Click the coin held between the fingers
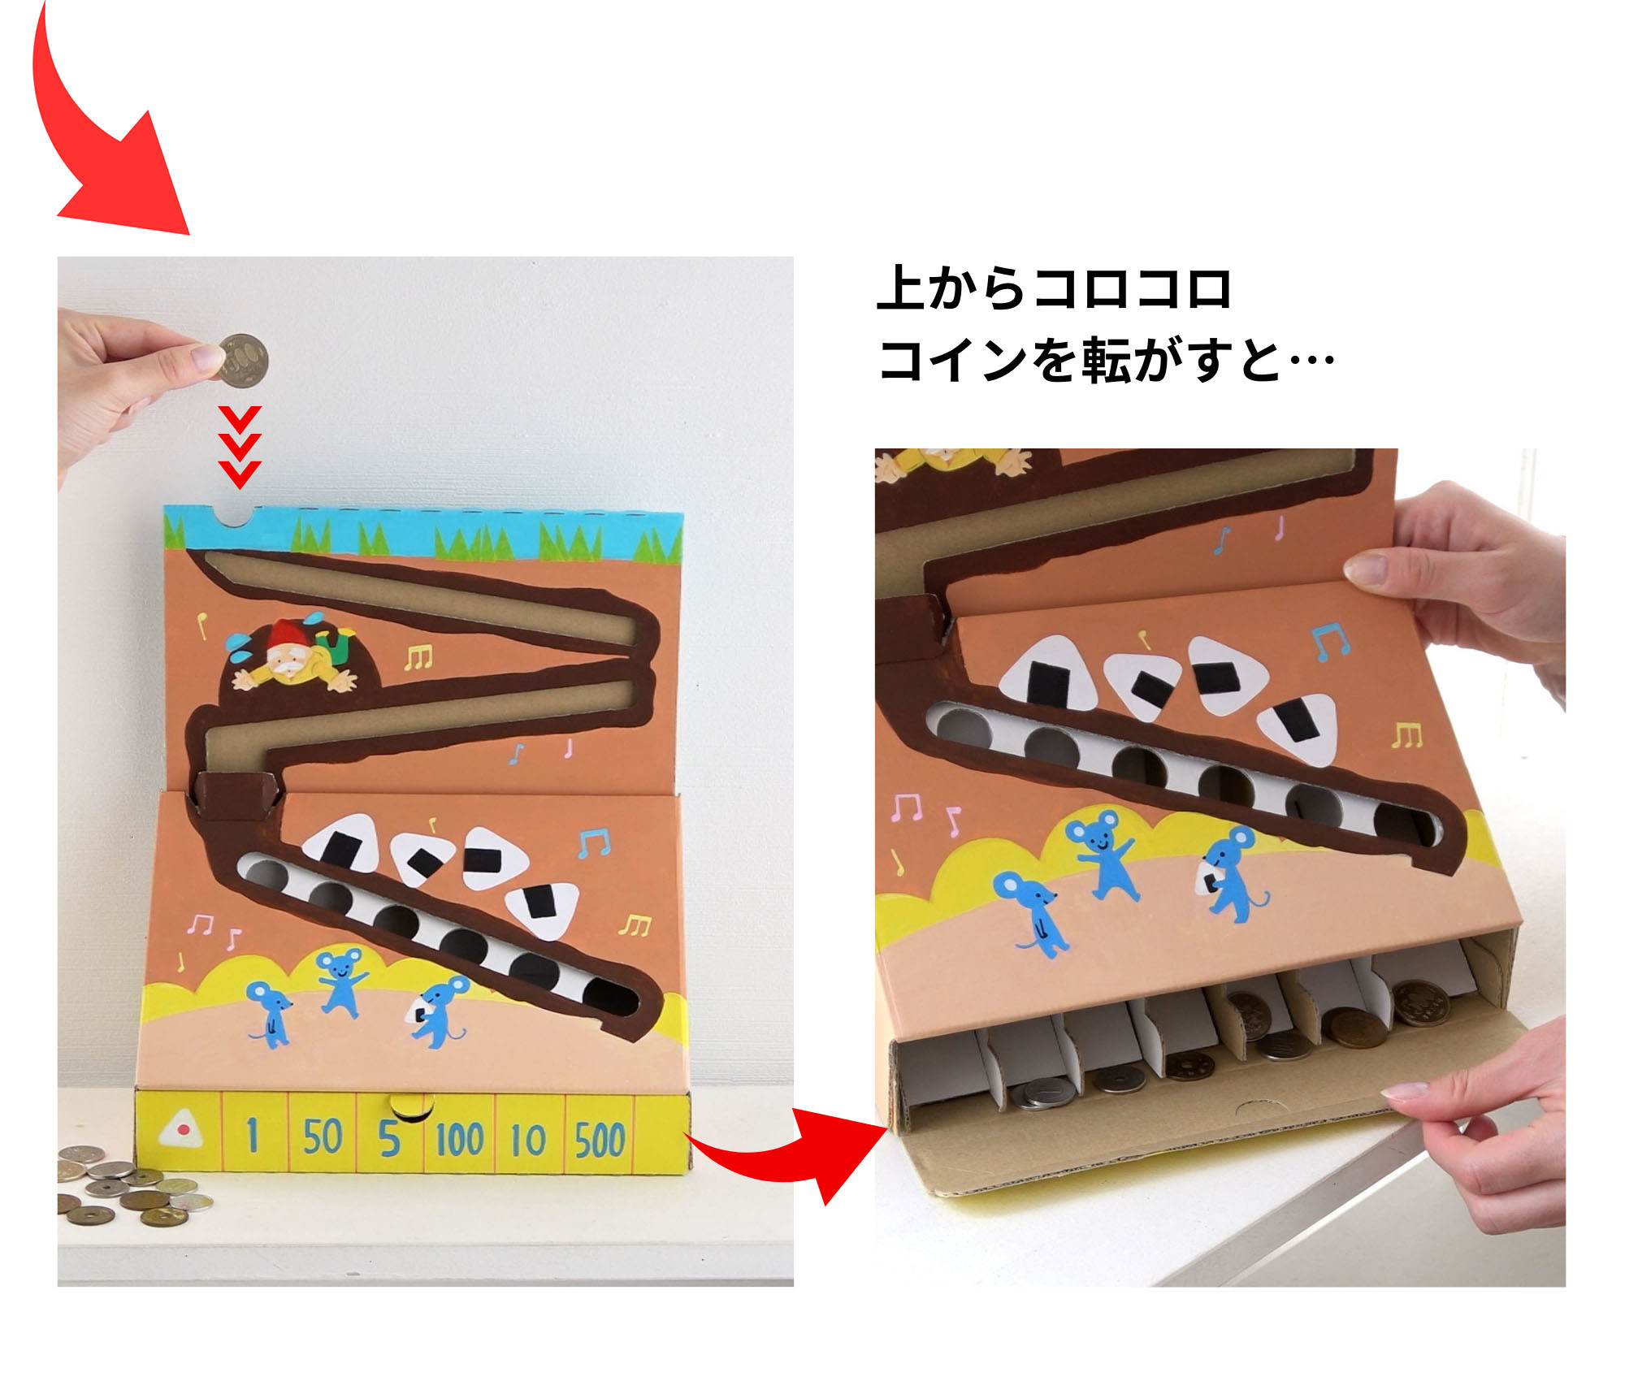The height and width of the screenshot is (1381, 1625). pos(242,359)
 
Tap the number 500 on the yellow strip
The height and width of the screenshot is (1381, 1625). pos(600,1139)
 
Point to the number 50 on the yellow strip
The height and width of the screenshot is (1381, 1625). pos(322,1136)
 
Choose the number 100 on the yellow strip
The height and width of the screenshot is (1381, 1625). pos(459,1139)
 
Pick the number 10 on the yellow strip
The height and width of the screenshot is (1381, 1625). pos(528,1139)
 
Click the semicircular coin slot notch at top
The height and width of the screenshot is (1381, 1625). pos(236,516)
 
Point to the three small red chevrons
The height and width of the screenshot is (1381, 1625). pos(240,447)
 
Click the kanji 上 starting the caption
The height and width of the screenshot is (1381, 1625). pos(902,288)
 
